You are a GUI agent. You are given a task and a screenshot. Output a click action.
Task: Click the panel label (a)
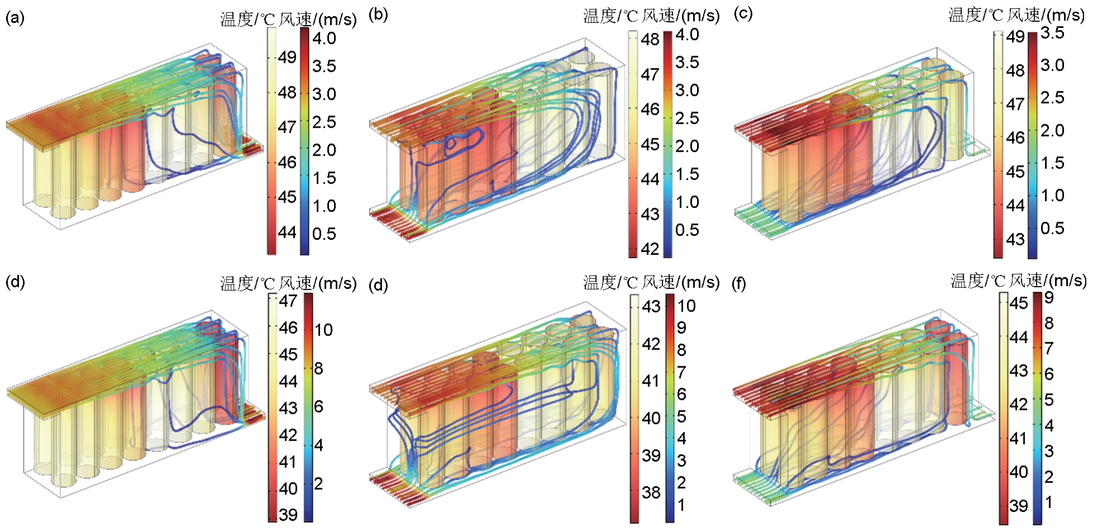[14, 18]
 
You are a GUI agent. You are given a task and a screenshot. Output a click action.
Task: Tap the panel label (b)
[378, 14]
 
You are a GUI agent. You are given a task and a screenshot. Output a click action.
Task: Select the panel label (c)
[743, 13]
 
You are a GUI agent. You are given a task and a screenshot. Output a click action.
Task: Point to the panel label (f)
[739, 284]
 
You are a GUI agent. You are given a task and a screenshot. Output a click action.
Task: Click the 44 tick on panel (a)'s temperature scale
[287, 232]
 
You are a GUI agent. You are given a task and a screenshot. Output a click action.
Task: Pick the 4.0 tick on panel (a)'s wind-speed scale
[324, 38]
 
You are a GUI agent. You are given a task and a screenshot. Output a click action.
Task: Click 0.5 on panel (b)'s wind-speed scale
[687, 230]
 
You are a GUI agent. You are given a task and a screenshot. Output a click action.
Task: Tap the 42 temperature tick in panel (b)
[650, 249]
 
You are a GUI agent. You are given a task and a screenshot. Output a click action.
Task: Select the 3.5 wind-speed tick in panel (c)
[1052, 33]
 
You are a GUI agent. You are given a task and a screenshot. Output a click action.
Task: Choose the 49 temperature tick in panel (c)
[1015, 37]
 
